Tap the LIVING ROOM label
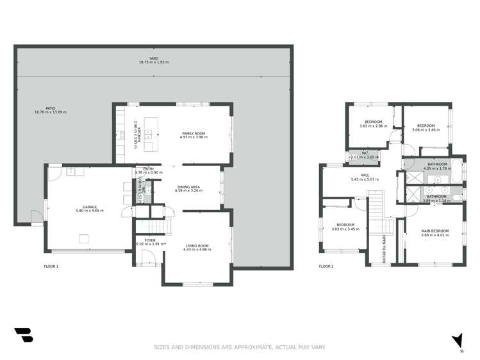196,246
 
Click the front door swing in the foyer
147,259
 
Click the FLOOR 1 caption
51,266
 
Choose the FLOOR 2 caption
326,266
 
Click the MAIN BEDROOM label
435,231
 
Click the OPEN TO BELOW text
383,249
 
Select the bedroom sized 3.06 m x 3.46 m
426,126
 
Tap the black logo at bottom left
23,335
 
